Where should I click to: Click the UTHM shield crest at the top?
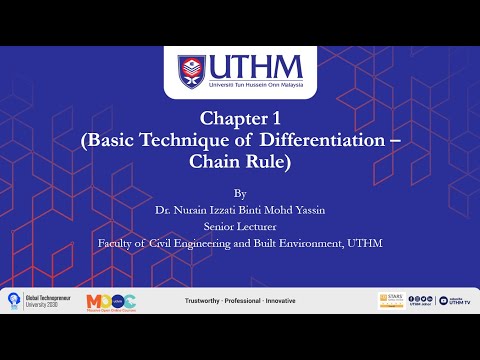click(x=192, y=71)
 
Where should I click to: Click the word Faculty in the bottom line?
click(x=115, y=242)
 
